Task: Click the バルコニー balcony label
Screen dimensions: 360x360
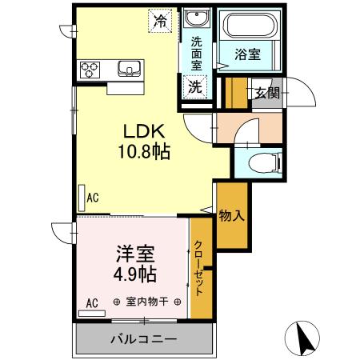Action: (143, 340)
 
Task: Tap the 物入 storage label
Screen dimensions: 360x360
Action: (230, 215)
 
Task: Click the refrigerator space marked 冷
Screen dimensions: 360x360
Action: (161, 22)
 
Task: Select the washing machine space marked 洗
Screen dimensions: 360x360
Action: (196, 86)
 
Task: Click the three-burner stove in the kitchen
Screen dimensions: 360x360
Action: (89, 69)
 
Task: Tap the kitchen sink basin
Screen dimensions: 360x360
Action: (129, 69)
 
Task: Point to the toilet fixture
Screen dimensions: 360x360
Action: (260, 166)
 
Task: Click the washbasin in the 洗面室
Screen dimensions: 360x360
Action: (196, 20)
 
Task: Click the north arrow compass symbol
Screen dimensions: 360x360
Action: (303, 337)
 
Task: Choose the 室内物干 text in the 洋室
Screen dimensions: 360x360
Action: (146, 302)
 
